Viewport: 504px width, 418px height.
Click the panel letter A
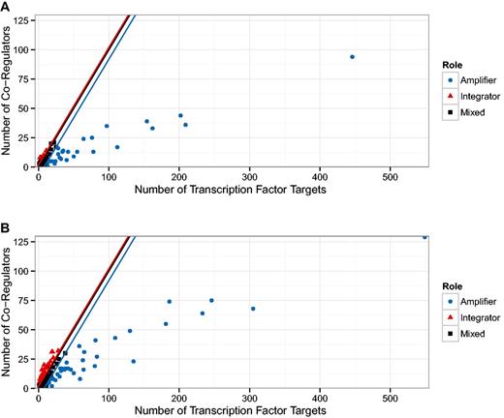(x=6, y=6)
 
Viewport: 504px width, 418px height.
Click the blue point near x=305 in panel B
(x=253, y=309)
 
